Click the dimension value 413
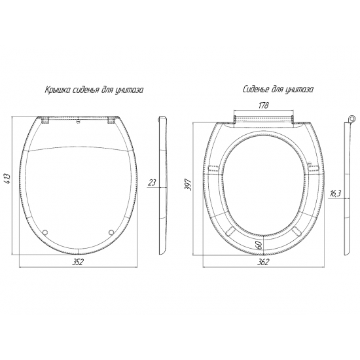(x=8, y=178)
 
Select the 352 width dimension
(x=78, y=262)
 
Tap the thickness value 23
(x=153, y=183)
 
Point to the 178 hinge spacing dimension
(x=263, y=105)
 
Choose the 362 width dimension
(x=263, y=262)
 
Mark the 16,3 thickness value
(x=335, y=194)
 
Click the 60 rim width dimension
(x=259, y=245)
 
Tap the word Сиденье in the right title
(x=255, y=89)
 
